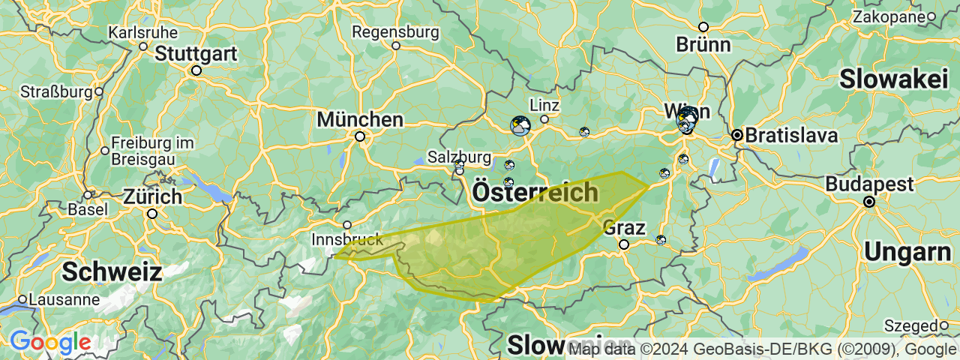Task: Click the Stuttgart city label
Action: [x=196, y=54]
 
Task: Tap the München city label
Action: [x=360, y=120]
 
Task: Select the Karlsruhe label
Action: [x=143, y=33]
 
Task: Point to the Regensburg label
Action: [x=395, y=32]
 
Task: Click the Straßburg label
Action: [x=55, y=92]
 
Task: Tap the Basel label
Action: [x=87, y=209]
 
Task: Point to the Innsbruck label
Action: [x=346, y=240]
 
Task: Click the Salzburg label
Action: [x=459, y=157]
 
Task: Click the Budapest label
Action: [x=870, y=184]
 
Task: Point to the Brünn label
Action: [x=703, y=44]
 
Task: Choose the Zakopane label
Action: [x=888, y=16]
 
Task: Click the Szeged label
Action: [x=910, y=326]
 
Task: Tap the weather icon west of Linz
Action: [x=520, y=125]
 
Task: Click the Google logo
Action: [x=50, y=343]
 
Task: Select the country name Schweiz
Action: [x=112, y=272]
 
